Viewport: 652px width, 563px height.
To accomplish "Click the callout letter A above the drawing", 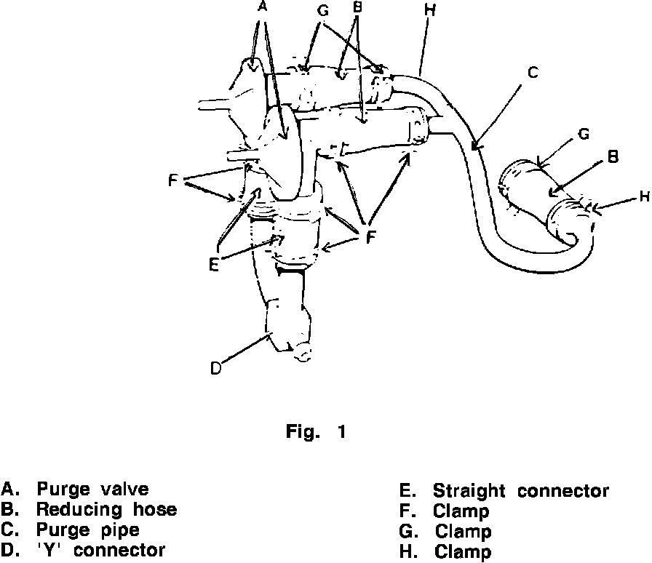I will coord(263,7).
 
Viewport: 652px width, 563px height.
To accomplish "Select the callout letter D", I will coord(215,368).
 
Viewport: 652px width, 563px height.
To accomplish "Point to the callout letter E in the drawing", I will coord(212,265).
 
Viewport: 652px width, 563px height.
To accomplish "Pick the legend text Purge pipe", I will coord(88,530).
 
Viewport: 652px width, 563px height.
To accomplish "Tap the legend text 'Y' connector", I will coord(101,551).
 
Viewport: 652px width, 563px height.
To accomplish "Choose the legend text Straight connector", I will coord(521,491).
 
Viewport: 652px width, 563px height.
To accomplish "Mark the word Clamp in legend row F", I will coord(461,511).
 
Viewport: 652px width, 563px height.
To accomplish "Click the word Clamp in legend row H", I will coord(463,553).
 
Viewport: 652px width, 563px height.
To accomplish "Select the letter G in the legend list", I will coord(405,532).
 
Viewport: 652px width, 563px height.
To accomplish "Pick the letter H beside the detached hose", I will coord(643,196).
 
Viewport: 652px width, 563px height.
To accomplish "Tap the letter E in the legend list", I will coord(405,491).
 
